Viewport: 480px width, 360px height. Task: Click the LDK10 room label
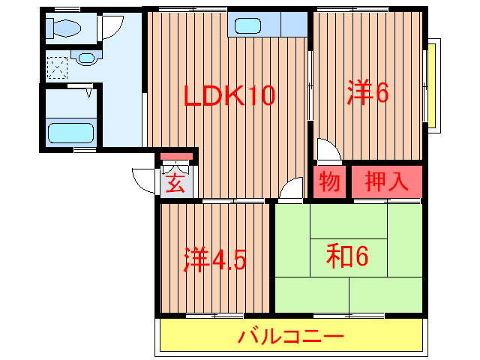[231, 97]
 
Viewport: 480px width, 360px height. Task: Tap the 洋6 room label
[367, 93]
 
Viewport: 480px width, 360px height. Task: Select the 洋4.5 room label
[215, 259]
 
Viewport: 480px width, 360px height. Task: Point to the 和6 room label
[347, 256]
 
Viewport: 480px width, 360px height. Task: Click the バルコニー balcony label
[291, 337]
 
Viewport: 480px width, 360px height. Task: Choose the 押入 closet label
[386, 181]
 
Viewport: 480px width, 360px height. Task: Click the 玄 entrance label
[175, 183]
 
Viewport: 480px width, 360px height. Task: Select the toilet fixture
[63, 28]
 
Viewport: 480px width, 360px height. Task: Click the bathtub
[70, 133]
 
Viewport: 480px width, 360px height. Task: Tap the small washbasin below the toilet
[86, 57]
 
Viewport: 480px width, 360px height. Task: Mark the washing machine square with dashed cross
[58, 67]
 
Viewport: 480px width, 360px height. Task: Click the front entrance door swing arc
[144, 181]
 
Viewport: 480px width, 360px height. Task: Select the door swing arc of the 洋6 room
[328, 151]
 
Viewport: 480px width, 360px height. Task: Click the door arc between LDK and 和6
[289, 191]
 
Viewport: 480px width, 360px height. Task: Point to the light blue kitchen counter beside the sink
[295, 24]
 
